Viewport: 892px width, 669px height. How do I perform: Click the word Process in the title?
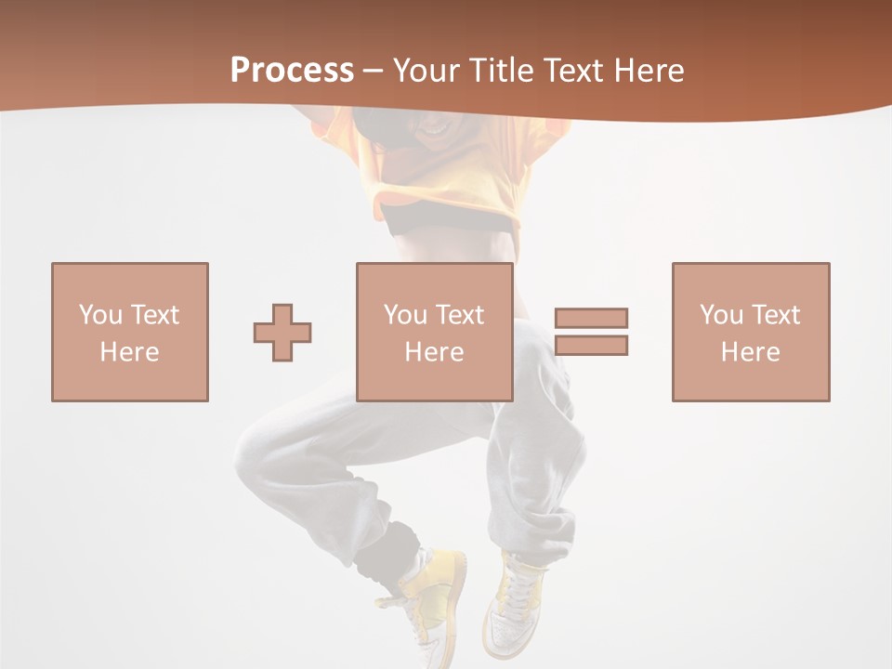coord(292,71)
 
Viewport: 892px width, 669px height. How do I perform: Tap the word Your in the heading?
coord(426,71)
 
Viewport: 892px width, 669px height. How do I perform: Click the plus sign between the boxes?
coord(282,333)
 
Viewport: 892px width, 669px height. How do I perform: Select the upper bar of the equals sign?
coord(591,318)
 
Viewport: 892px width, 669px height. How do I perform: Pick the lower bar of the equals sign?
coord(591,346)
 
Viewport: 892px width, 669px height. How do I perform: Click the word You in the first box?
coord(99,315)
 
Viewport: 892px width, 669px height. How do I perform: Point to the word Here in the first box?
coord(129,352)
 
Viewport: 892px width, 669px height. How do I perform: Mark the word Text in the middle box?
coord(459,315)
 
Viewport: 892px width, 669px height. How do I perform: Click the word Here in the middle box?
coord(435,352)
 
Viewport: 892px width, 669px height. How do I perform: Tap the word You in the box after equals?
coord(720,315)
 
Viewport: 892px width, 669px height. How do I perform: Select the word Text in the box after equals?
coord(775,315)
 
